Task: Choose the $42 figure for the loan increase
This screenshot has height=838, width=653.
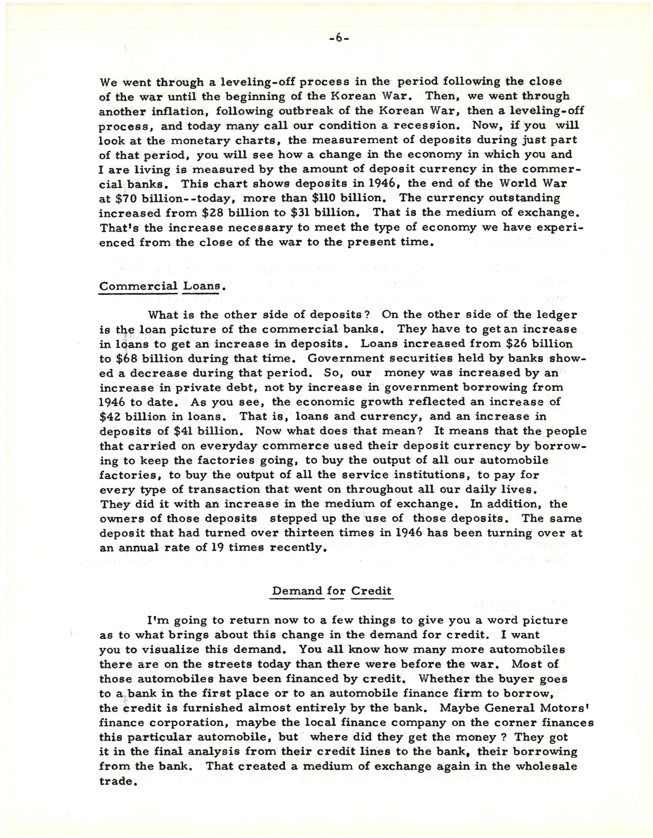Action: (x=110, y=417)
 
